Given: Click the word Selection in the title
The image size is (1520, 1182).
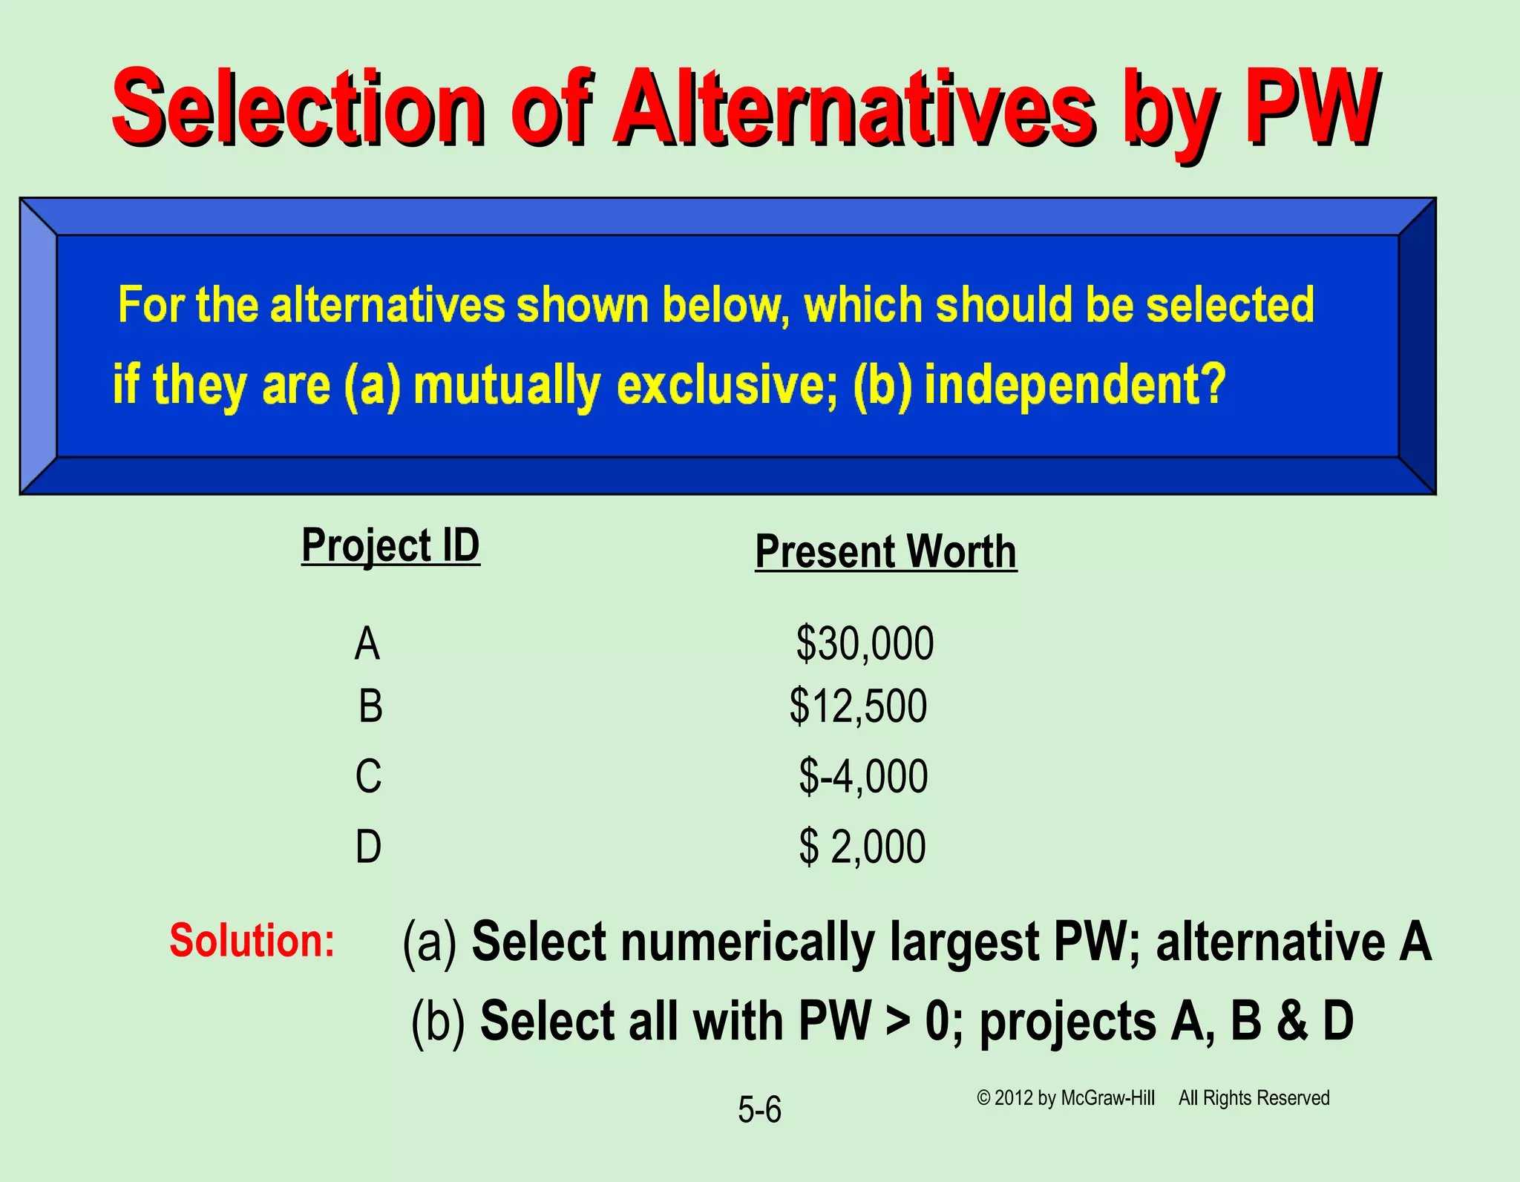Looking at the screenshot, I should click(297, 110).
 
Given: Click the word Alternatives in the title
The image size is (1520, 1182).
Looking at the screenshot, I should click(854, 110).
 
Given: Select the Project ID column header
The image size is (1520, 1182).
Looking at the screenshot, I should click(390, 546).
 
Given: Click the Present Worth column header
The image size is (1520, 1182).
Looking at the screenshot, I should click(885, 552).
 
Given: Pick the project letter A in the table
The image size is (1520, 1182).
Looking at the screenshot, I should click(367, 643).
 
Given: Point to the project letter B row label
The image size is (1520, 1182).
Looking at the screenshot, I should click(370, 706).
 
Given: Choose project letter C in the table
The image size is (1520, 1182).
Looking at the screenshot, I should click(368, 776).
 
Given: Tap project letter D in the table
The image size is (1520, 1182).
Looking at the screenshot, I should click(368, 846).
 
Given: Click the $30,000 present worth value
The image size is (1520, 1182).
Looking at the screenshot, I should click(865, 643).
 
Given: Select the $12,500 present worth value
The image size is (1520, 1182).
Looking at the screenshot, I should click(858, 706).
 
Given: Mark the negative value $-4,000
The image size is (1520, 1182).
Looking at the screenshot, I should click(863, 776).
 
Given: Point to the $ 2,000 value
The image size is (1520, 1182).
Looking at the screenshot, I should click(862, 846).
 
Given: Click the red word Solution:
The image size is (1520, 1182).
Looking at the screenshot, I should click(252, 940).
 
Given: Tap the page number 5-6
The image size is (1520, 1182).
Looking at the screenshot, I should click(759, 1110).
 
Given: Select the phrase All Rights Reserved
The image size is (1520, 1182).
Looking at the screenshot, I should click(1254, 1098).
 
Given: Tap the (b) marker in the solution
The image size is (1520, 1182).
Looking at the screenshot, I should click(438, 1021).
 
